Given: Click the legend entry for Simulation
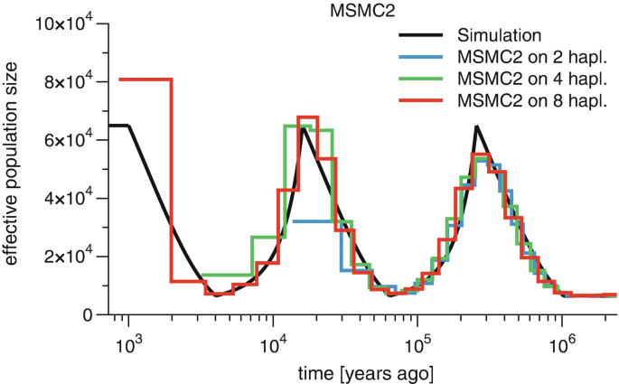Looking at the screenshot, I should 499,36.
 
